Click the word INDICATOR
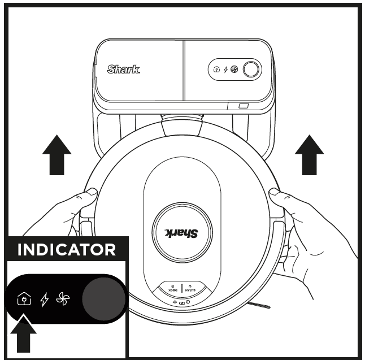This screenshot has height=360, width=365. click(67, 250)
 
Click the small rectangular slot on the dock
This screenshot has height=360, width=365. click(243, 106)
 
